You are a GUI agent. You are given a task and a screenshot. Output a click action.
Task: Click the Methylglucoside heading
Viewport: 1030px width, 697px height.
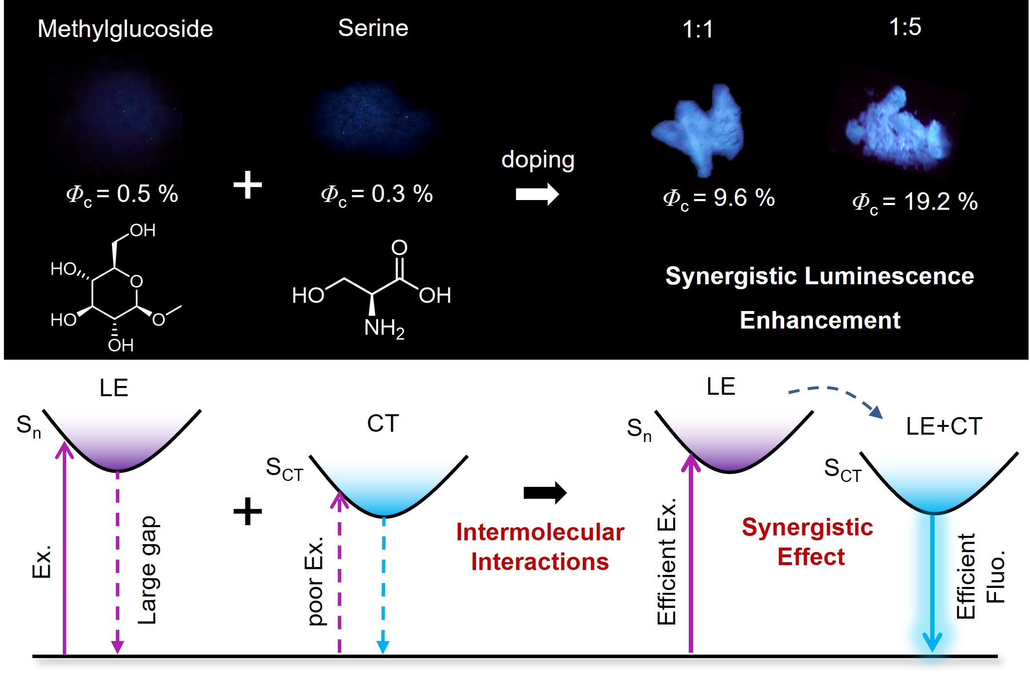(x=125, y=29)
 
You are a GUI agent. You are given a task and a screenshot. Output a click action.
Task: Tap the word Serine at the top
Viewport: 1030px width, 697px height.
(x=373, y=28)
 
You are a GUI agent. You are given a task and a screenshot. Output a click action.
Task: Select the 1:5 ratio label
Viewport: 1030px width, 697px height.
(x=904, y=27)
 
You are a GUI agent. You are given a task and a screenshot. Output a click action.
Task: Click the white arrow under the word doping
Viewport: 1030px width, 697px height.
(x=537, y=194)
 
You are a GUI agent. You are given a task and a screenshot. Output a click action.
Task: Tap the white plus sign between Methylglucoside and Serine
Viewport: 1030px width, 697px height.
(x=248, y=185)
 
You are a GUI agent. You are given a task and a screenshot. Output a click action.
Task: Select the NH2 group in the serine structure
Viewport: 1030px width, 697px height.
(x=384, y=329)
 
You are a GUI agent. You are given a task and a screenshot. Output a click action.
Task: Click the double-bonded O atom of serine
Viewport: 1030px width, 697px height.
(x=399, y=247)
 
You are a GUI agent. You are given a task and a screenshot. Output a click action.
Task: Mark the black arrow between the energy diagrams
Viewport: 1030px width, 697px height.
(x=545, y=493)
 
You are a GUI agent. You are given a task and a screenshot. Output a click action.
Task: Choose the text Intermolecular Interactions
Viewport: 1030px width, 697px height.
(x=540, y=547)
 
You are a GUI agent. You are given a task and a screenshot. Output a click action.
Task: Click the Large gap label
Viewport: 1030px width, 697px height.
(x=147, y=569)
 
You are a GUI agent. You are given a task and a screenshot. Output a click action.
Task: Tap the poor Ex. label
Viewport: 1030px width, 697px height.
(x=315, y=581)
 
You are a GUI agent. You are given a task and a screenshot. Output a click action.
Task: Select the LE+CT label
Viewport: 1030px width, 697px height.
(x=943, y=426)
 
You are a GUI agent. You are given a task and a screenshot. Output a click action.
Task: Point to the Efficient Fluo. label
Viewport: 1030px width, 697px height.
(x=980, y=576)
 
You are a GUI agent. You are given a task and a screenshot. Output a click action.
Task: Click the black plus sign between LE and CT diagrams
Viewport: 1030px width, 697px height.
(x=248, y=511)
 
